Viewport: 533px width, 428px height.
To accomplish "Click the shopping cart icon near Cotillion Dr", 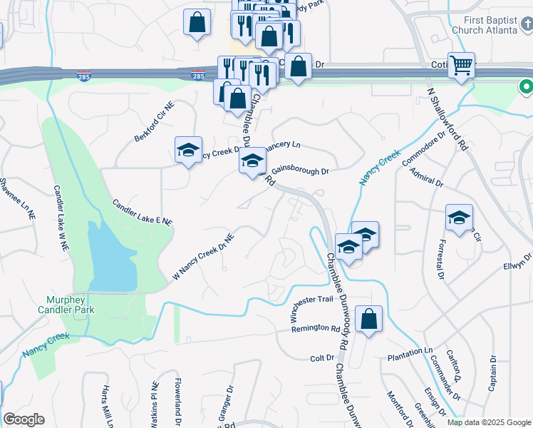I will coord(462,66).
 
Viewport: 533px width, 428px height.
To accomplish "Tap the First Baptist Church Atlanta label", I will coord(491,26).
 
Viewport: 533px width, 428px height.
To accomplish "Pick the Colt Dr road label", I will coord(322,357).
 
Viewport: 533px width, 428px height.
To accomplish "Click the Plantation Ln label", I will coord(410,352).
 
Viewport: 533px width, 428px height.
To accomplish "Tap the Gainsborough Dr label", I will coord(301,171).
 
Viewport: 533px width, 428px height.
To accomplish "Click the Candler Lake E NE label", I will coord(143,213).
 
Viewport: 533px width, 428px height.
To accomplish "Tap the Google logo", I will coord(24,419).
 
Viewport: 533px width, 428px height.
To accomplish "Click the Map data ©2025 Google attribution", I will coord(489,422).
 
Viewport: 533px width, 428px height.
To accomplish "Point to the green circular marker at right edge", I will coord(527,87).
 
